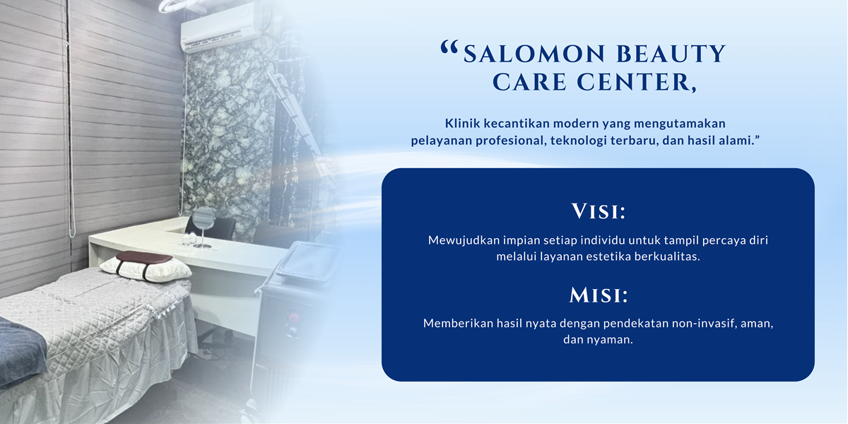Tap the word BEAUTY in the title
(671, 54)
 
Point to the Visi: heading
(598, 211)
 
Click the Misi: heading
(598, 295)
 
